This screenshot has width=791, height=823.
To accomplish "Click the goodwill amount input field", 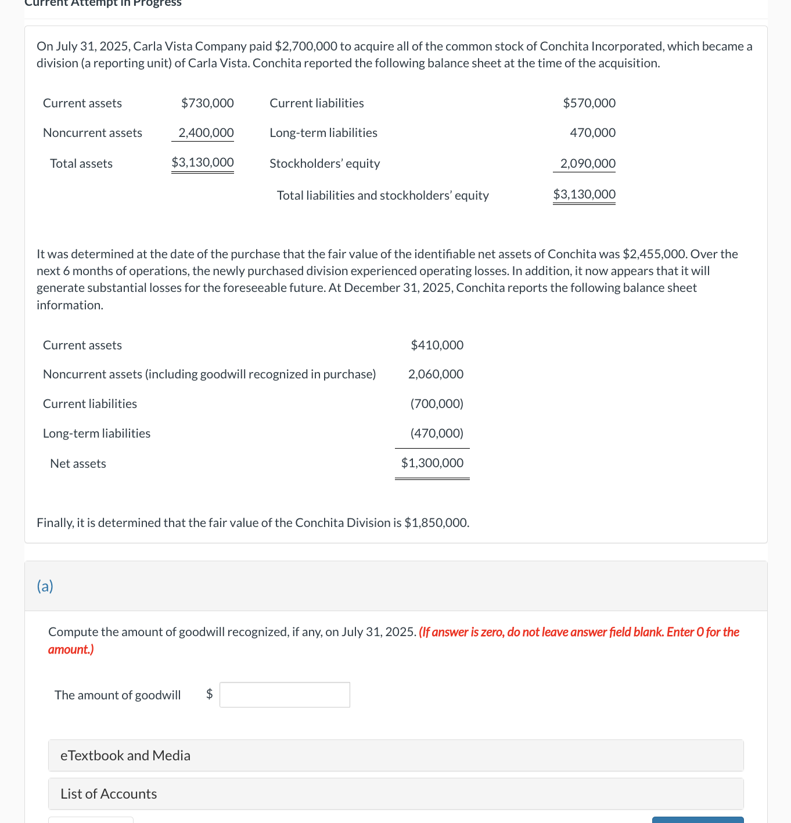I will tap(285, 695).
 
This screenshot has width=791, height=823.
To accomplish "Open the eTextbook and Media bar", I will tap(395, 755).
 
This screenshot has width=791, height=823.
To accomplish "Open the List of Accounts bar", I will tap(395, 793).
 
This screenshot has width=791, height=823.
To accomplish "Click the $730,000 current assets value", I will tap(207, 103).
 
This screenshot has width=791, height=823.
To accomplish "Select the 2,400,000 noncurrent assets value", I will tap(206, 133).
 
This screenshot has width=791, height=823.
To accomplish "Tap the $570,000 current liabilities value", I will tap(589, 103).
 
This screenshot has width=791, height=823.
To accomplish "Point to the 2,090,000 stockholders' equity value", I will tap(587, 164).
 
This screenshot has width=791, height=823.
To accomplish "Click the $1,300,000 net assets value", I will tap(432, 463).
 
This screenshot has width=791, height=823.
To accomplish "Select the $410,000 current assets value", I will tap(437, 345).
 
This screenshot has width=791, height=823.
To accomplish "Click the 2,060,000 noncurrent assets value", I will tap(436, 374).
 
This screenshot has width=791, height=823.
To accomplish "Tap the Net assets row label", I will tap(78, 464).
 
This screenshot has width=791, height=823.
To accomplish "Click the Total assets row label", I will tap(81, 164).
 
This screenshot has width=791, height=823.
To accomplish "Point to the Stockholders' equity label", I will tap(325, 164).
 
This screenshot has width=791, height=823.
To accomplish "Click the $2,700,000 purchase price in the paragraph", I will tap(305, 46).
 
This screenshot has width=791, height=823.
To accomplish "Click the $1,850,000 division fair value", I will tap(436, 523).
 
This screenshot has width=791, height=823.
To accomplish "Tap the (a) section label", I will tap(45, 586).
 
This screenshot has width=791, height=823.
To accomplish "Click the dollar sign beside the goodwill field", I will tap(210, 694).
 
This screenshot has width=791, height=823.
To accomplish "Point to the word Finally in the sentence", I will tap(55, 523).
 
